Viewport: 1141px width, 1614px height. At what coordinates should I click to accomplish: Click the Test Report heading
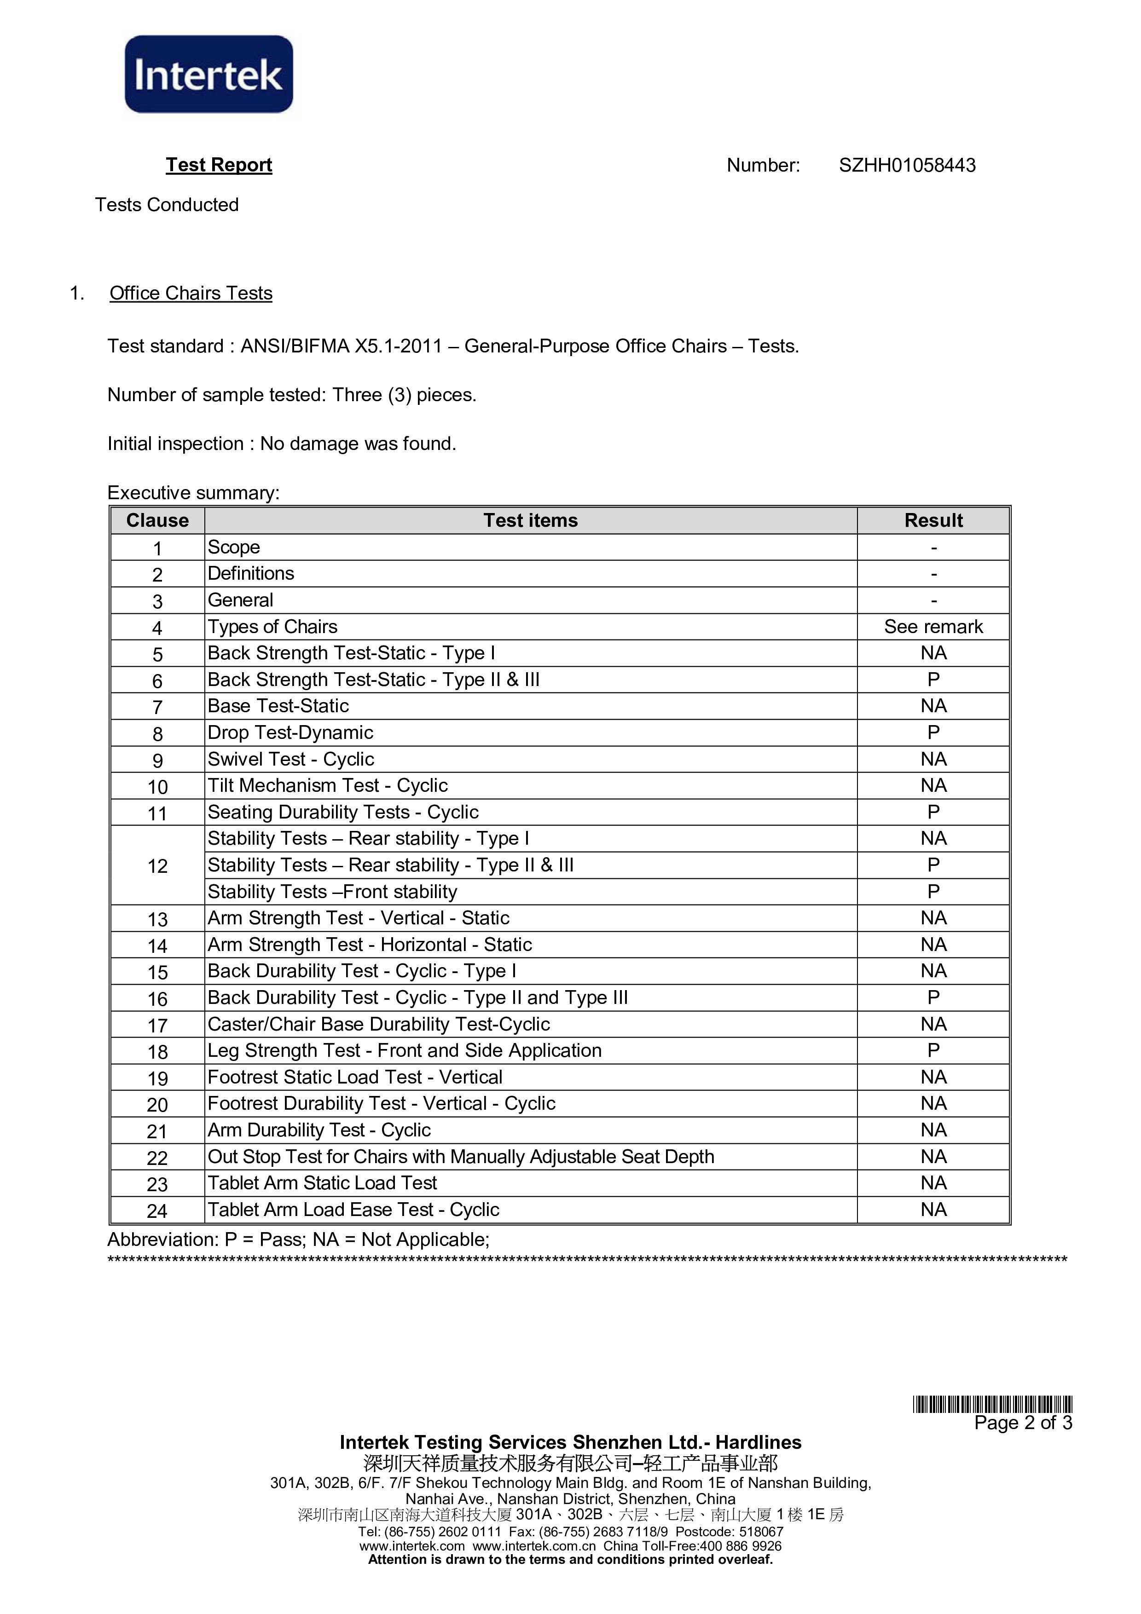click(x=219, y=165)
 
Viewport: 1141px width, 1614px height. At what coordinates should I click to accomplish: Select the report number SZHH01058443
click(x=907, y=165)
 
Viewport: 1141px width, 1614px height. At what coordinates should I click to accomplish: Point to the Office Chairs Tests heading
click(x=191, y=293)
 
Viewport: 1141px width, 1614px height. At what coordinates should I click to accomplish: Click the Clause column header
click(x=157, y=520)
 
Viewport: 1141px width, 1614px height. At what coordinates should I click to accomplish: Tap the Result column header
click(x=933, y=520)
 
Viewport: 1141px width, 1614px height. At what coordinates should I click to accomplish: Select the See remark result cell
click(x=933, y=626)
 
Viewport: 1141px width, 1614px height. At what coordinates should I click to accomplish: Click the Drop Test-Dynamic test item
click(x=290, y=732)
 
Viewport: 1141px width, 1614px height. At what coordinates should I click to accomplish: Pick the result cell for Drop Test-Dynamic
click(x=933, y=732)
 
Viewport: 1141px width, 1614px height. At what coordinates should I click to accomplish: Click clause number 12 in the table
click(x=157, y=866)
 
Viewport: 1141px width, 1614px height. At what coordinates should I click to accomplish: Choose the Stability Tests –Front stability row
click(x=332, y=891)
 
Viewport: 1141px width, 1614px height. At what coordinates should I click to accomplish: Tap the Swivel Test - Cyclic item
click(x=290, y=759)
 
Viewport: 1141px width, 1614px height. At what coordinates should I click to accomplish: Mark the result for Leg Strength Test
click(x=933, y=1050)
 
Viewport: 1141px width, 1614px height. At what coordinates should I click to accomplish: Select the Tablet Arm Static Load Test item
click(x=322, y=1183)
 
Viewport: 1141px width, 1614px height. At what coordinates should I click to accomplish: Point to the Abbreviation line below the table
click(x=298, y=1239)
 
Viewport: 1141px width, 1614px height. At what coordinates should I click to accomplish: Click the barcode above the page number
click(x=992, y=1405)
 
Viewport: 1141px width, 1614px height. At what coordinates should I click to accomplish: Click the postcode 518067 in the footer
click(x=761, y=1532)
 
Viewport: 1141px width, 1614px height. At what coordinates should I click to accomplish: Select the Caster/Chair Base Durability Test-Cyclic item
click(x=378, y=1024)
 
